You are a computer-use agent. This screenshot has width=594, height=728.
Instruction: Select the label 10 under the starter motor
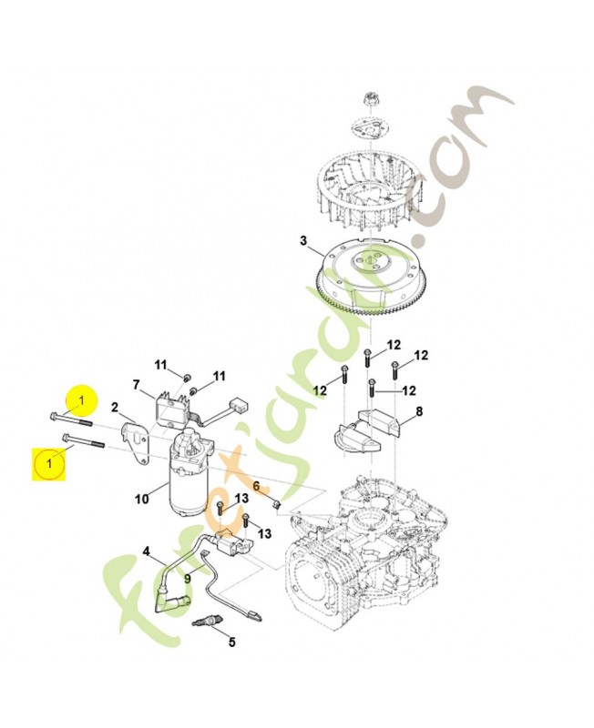141,498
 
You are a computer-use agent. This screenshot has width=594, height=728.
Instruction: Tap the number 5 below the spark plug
231,642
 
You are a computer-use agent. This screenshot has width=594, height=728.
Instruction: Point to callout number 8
418,412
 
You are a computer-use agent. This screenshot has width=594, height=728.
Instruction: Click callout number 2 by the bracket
115,407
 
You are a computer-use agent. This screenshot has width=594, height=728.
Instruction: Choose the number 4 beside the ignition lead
146,551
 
